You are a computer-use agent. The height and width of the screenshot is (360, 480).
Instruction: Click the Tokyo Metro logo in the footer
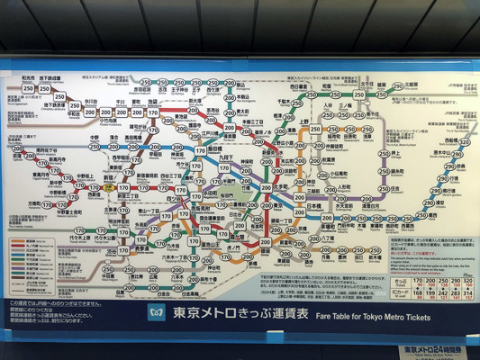coord(157,313)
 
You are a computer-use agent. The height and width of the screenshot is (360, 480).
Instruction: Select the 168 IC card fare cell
coord(416,293)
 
